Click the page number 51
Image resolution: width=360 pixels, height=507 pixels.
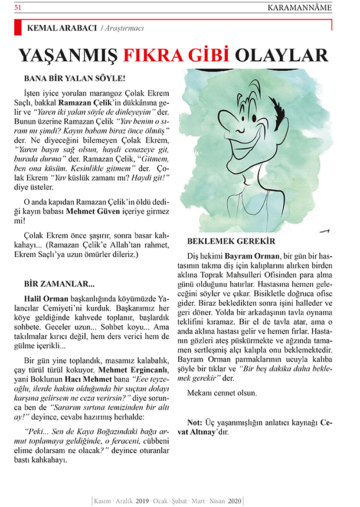point(18,7)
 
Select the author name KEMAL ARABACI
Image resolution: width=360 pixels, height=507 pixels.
point(61,28)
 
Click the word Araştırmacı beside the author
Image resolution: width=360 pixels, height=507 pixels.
point(122,28)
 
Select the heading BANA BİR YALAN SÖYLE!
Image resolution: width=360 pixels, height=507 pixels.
point(74,77)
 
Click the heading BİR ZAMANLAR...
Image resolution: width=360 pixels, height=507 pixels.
point(57,283)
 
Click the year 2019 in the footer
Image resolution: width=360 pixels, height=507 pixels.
point(142,499)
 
